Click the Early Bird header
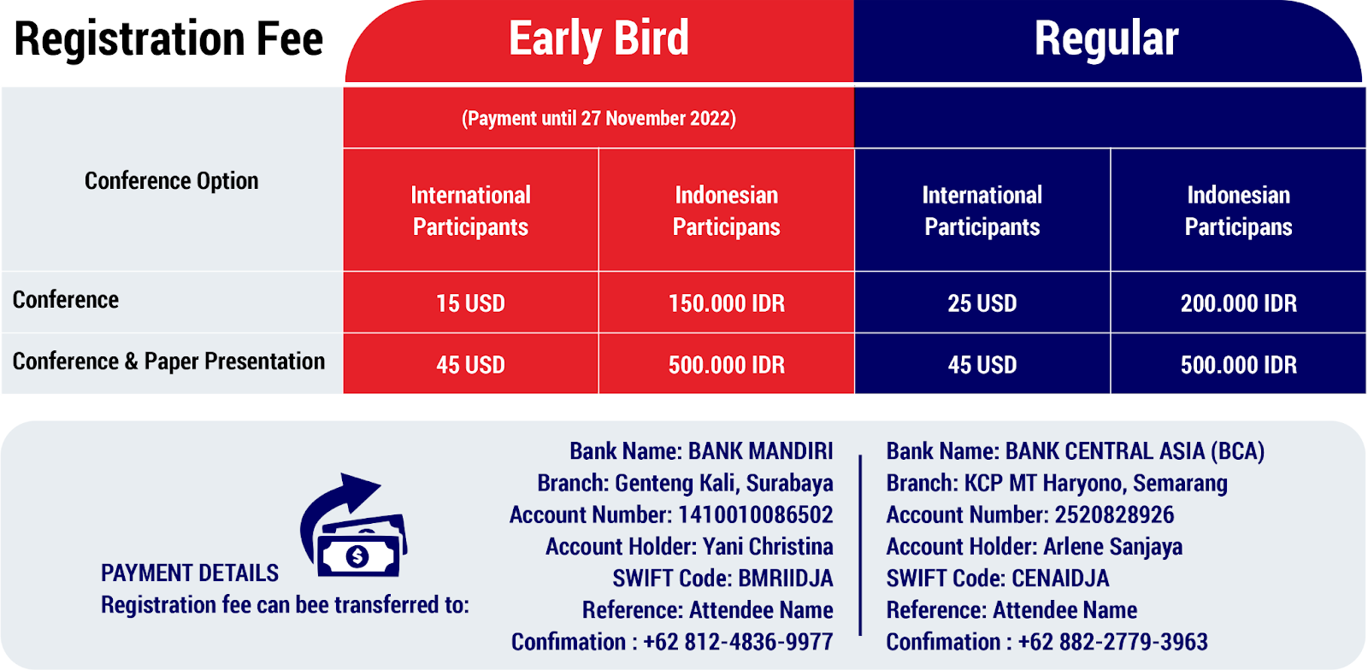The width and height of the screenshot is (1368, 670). [x=598, y=38]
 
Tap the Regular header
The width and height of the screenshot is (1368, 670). [x=1106, y=38]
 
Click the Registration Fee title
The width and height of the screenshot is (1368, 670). [x=168, y=39]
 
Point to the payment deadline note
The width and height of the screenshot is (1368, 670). [x=598, y=118]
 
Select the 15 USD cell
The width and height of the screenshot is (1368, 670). [x=470, y=303]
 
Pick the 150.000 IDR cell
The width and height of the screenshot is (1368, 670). [x=726, y=303]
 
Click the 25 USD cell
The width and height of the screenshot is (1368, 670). [x=982, y=303]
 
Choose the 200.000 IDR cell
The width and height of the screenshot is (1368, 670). [x=1238, y=303]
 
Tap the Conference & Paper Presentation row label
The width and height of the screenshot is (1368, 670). [x=168, y=361]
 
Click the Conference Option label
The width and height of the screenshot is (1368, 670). [x=172, y=180]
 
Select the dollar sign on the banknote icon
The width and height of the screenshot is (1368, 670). [x=357, y=555]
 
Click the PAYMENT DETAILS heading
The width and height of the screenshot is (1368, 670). [x=189, y=573]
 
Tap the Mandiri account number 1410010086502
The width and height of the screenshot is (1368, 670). [x=755, y=514]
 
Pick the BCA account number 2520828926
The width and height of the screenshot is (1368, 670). [x=1114, y=514]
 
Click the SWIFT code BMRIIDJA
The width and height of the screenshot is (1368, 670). [x=786, y=578]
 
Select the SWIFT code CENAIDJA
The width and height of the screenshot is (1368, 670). [x=1060, y=578]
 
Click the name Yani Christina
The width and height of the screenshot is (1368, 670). [x=768, y=546]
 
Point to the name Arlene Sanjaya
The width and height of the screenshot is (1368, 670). [x=1112, y=546]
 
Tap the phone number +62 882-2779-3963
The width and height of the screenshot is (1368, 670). [x=1112, y=641]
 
